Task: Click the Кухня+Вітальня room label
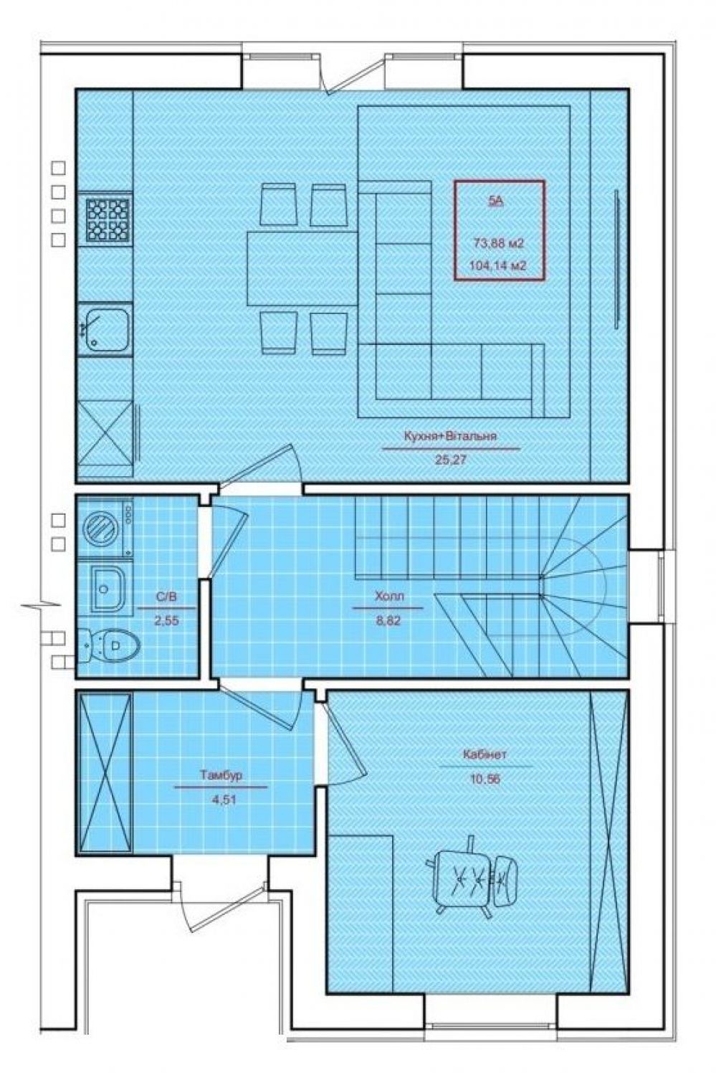[x=450, y=436]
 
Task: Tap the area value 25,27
[x=450, y=460]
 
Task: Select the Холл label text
[x=389, y=596]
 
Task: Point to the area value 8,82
[x=388, y=620]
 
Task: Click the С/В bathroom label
[x=166, y=597]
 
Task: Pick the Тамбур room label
[x=221, y=775]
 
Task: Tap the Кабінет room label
[x=485, y=754]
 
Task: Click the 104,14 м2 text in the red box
[x=498, y=265]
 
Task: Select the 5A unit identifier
[x=496, y=201]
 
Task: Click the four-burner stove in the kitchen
[x=108, y=220]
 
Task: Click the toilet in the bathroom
[x=108, y=645]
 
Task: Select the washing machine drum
[x=100, y=528]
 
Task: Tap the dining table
[x=302, y=268]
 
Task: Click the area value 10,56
[x=485, y=779]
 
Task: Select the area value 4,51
[x=223, y=799]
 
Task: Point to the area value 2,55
[x=167, y=621]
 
